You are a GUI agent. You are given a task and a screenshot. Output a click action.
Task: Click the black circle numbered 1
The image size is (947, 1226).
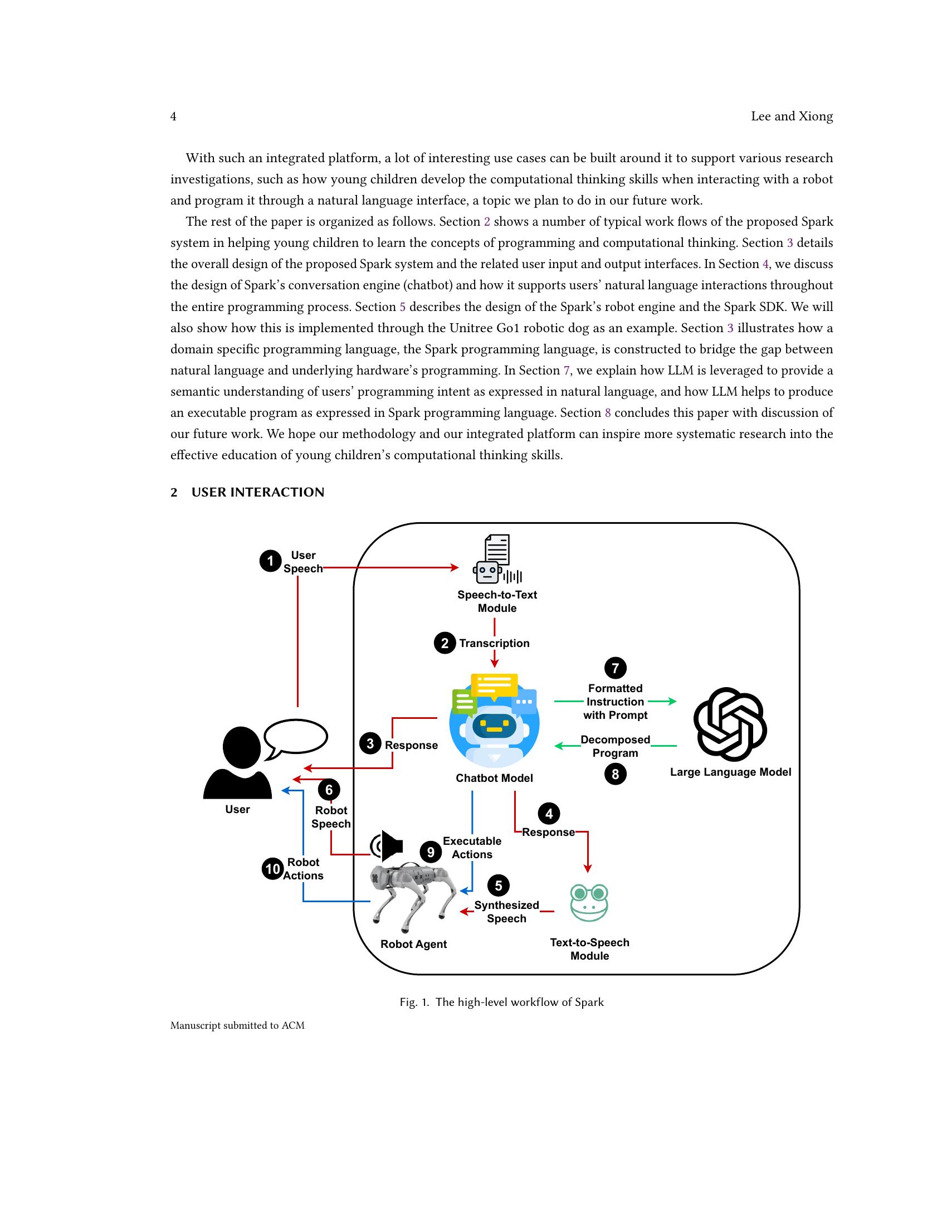point(270,561)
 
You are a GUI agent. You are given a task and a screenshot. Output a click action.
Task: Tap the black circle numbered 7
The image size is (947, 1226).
point(615,668)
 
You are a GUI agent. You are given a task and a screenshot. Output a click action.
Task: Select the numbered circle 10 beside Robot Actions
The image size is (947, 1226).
point(272,869)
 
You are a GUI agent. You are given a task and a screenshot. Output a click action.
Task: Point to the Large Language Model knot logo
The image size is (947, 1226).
point(730,723)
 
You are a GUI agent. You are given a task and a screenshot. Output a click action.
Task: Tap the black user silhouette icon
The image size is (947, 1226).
point(238,763)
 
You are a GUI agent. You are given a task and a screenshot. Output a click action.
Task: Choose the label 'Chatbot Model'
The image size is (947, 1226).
point(494,778)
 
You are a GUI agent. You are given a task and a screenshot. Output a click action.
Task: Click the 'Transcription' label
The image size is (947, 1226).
point(494,643)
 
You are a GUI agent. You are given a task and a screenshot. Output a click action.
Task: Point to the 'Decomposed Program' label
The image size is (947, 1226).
point(615,746)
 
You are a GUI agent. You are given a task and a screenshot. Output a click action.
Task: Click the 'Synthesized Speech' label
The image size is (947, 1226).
point(506,912)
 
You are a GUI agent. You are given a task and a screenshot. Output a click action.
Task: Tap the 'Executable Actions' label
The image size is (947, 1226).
point(472,848)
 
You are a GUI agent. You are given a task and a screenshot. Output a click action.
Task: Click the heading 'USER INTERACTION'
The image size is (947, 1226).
point(257,492)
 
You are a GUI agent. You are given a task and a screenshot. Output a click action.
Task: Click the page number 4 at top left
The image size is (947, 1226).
point(173,116)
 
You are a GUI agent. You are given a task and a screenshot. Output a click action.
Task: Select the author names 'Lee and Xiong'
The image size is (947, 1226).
point(791,116)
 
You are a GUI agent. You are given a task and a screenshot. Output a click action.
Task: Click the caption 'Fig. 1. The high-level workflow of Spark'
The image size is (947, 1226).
point(501,1002)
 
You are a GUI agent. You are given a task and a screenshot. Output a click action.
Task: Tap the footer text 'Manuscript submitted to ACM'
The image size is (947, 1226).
point(237,1025)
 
